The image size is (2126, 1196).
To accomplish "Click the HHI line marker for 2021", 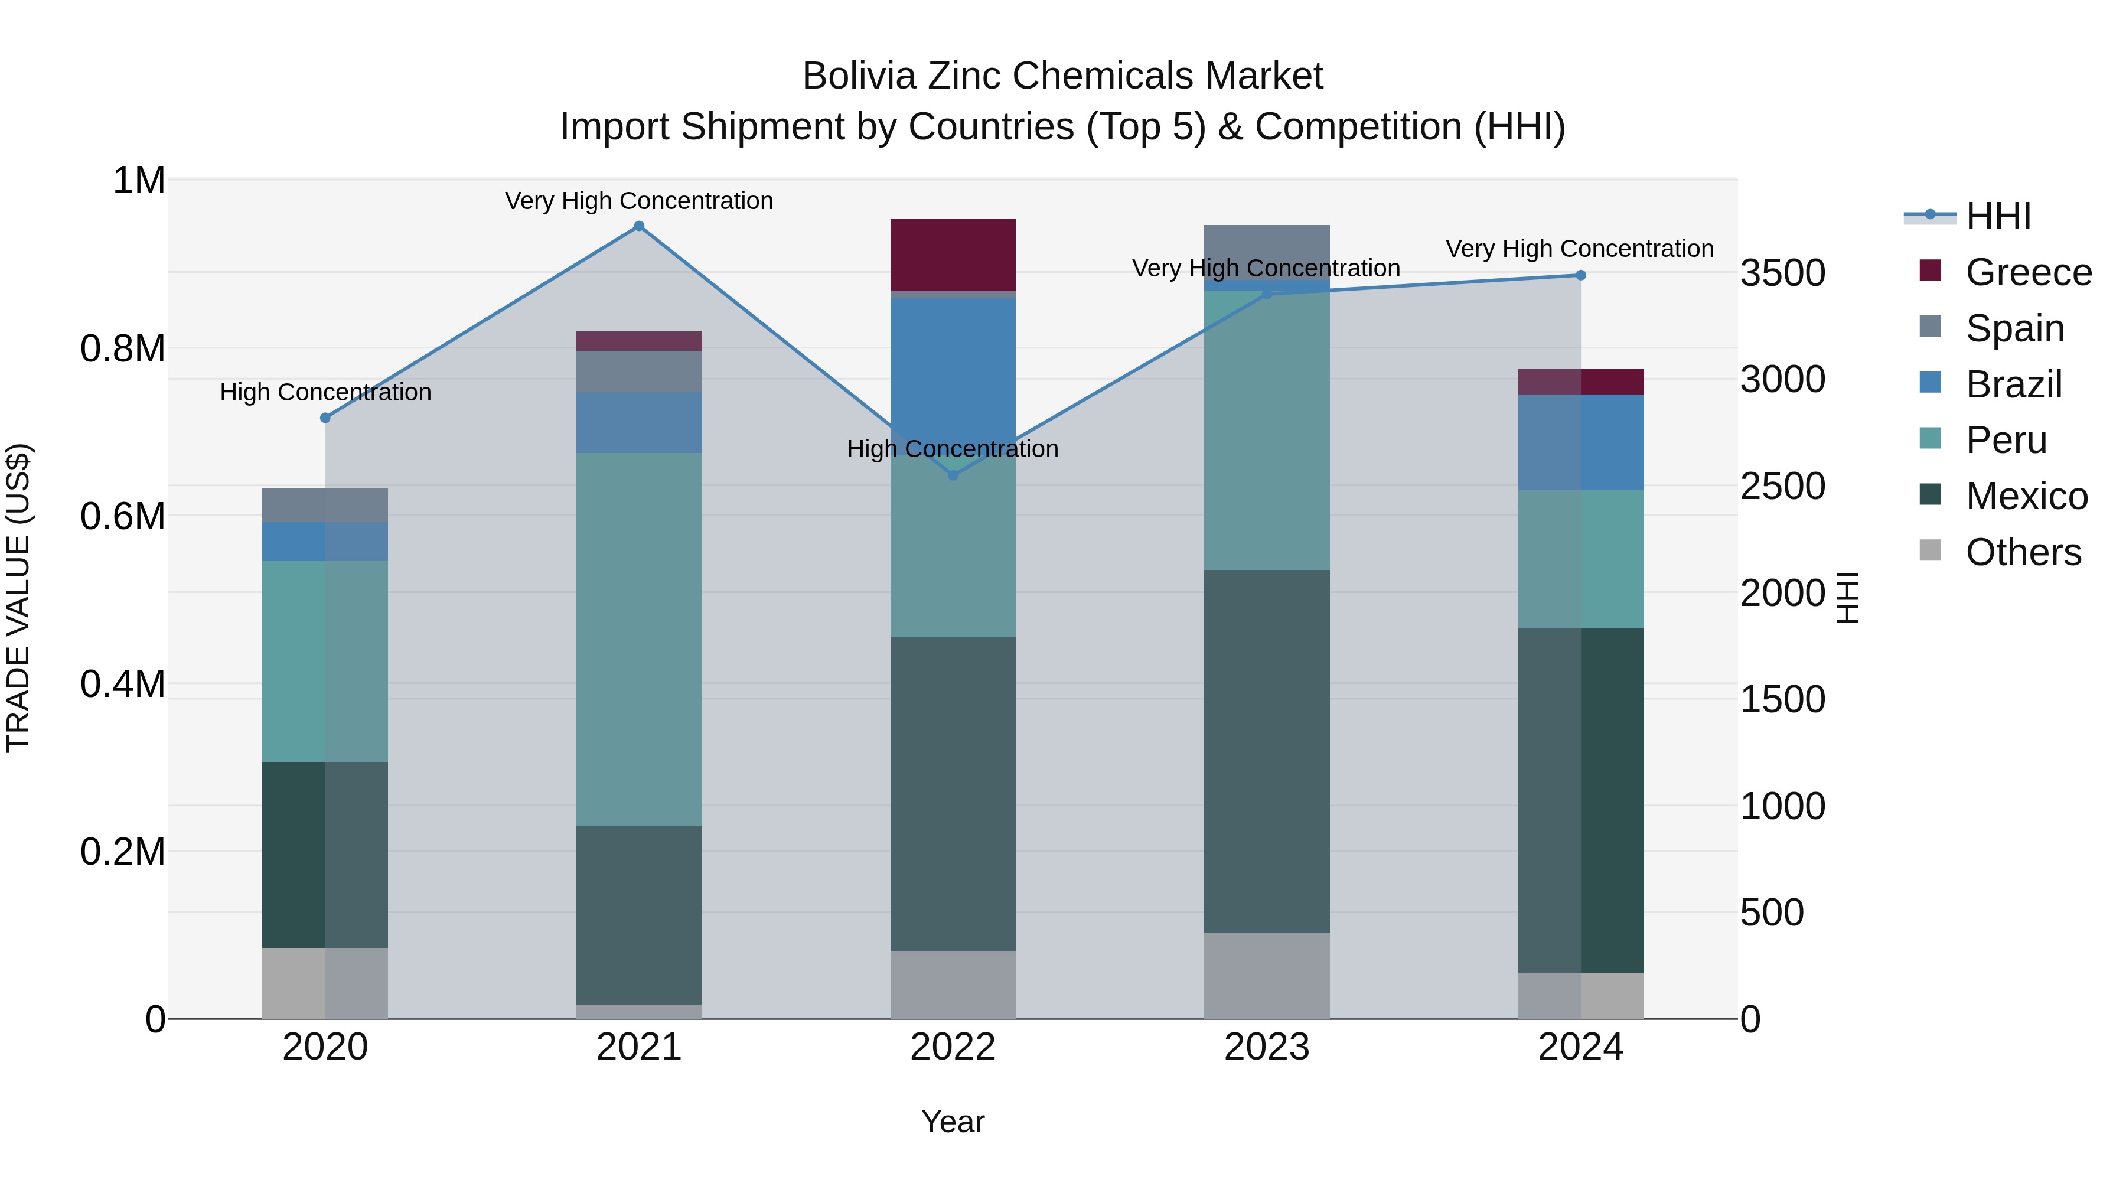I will point(639,226).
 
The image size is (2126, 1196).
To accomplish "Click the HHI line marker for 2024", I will point(1580,276).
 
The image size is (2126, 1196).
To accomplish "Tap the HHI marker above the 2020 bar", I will point(325,418).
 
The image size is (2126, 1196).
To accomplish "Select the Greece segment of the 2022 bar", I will point(953,254).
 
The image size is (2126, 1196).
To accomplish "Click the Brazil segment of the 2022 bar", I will point(953,363).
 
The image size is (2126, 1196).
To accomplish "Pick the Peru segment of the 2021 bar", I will point(639,640).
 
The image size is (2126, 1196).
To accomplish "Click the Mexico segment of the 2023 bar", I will point(1267,751).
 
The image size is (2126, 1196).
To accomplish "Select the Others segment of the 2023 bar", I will point(1267,976).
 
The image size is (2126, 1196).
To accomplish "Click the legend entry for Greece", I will point(2028,272).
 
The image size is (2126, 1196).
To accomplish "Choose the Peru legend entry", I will point(2006,440).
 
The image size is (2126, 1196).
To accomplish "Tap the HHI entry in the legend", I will point(1997,216).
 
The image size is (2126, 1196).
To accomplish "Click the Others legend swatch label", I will point(2022,552).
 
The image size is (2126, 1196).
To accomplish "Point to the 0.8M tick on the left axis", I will point(123,348).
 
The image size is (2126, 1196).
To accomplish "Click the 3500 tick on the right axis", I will point(1783,273).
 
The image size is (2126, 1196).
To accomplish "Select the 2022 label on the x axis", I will point(953,1047).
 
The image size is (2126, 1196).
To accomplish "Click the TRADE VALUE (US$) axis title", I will point(18,598).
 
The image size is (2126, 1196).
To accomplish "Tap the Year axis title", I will point(953,1122).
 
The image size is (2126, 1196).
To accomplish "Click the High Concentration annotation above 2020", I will point(325,392).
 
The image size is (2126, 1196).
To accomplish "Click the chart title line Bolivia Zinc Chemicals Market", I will point(1062,76).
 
